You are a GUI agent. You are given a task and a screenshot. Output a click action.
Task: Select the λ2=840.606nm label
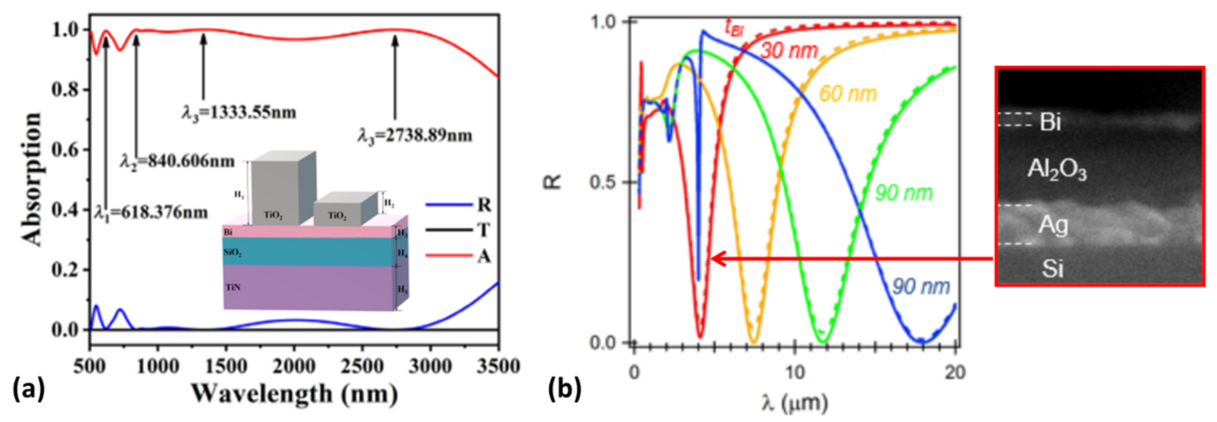click(x=177, y=162)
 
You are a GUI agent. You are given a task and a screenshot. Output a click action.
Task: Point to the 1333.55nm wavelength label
click(x=239, y=112)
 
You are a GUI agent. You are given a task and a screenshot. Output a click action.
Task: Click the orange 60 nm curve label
click(x=848, y=94)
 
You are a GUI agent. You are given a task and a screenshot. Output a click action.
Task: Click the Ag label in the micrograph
click(x=1053, y=226)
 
